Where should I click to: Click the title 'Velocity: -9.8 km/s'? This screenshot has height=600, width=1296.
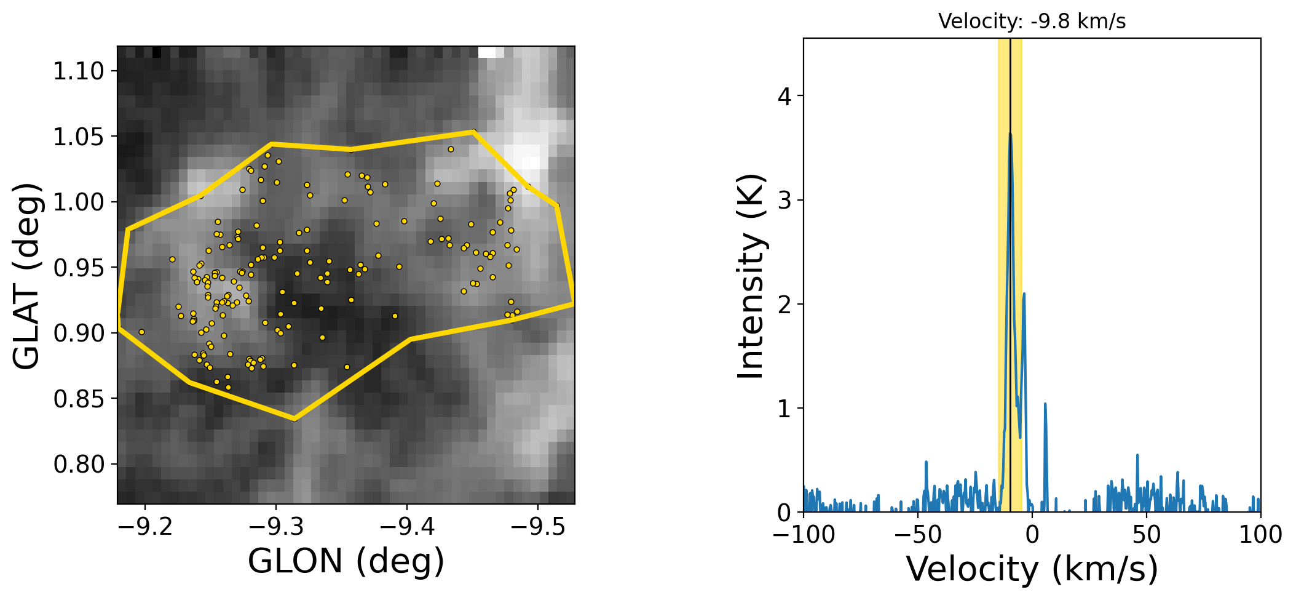1032,22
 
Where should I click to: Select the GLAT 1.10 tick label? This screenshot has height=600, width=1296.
79,71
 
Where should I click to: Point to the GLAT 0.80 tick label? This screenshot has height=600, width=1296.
79,465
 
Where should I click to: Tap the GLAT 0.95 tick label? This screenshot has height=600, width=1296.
79,268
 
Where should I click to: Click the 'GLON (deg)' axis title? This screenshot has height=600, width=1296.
346,561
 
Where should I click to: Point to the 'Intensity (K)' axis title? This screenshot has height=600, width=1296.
751,277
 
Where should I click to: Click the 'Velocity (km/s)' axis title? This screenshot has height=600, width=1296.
1032,569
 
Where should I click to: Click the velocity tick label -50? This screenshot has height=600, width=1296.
918,534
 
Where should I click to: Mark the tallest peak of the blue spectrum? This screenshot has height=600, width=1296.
1010,134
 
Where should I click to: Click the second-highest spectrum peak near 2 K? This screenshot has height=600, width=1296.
1024,294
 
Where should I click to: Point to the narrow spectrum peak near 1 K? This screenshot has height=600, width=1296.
1045,404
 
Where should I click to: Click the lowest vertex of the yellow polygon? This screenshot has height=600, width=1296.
294,419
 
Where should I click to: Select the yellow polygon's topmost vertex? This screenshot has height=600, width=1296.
473,132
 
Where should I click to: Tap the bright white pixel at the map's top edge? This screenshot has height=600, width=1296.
487,52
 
